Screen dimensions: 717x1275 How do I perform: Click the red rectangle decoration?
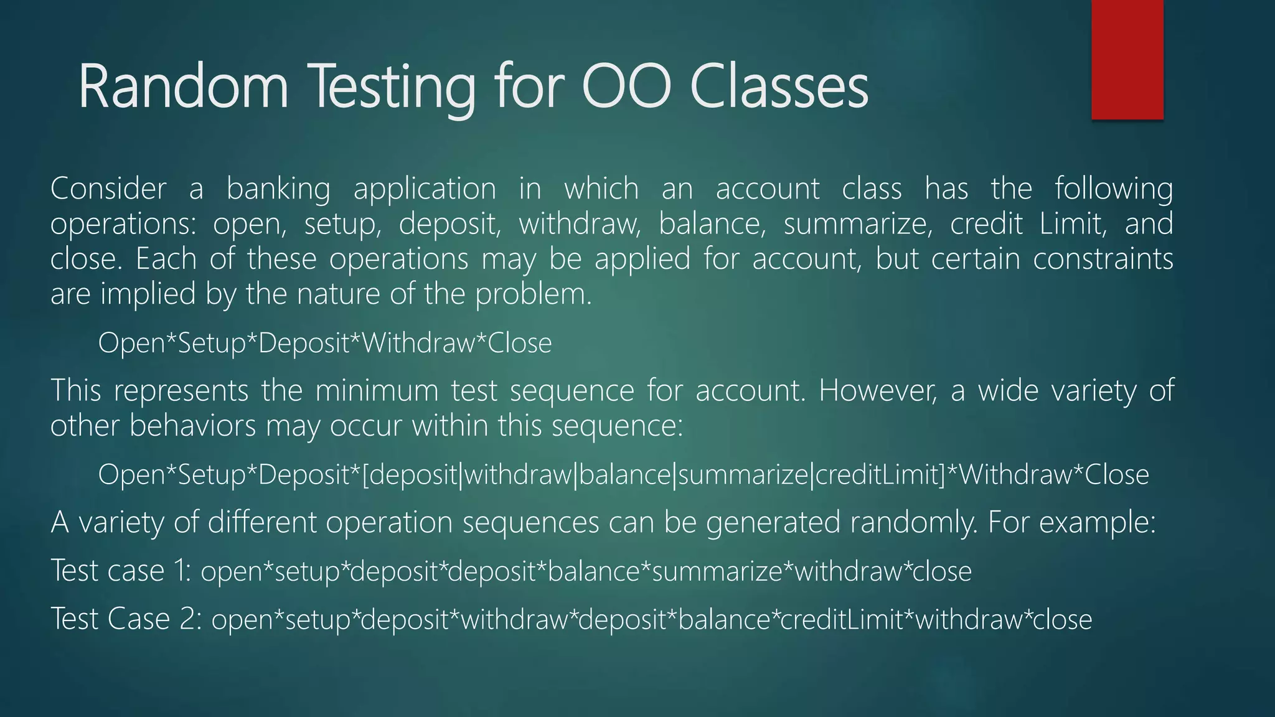pyautogui.click(x=1127, y=59)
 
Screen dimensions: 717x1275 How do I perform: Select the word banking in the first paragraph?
pyautogui.click(x=278, y=189)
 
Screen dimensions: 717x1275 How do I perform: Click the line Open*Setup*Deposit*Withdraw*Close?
pyautogui.click(x=324, y=343)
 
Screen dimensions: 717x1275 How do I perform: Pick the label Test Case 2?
pyautogui.click(x=126, y=619)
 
